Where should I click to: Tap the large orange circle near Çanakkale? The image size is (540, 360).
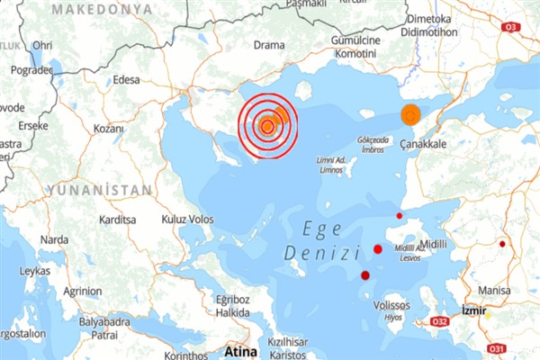tap(410, 114)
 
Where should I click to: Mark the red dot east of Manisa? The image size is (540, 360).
tap(503, 243)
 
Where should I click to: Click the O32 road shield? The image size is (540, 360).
tap(440, 321)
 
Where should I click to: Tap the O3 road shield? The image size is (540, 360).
tap(512, 26)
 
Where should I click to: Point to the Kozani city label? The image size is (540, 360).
tap(108, 129)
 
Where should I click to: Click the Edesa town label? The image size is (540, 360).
tap(127, 79)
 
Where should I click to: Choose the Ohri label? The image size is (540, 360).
tap(42, 44)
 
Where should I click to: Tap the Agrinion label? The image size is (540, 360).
tap(83, 292)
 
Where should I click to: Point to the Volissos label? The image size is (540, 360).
tap(391, 305)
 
